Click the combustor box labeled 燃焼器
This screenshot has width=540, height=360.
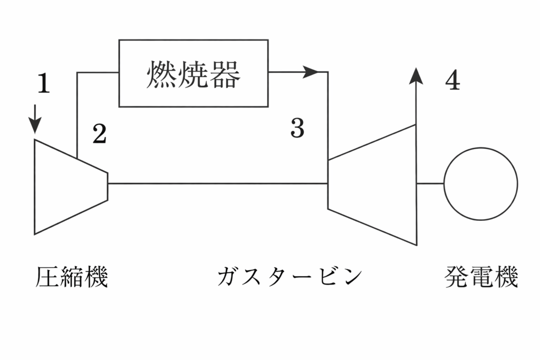coord(193,73)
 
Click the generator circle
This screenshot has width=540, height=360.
coord(480,183)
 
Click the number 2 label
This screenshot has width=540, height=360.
coord(100,134)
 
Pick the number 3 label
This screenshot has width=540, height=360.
coord(297,128)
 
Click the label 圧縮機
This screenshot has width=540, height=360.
coord(72,277)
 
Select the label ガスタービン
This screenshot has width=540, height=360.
coord(290,277)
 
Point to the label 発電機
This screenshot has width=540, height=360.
coord(481,277)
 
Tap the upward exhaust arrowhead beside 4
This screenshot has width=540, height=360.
coord(416,76)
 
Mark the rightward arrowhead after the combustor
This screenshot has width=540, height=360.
coord(312,72)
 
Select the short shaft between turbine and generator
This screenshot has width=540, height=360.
coord(430,183)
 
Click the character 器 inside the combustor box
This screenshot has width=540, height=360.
coord(225,74)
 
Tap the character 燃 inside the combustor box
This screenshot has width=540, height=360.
coord(161,74)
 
